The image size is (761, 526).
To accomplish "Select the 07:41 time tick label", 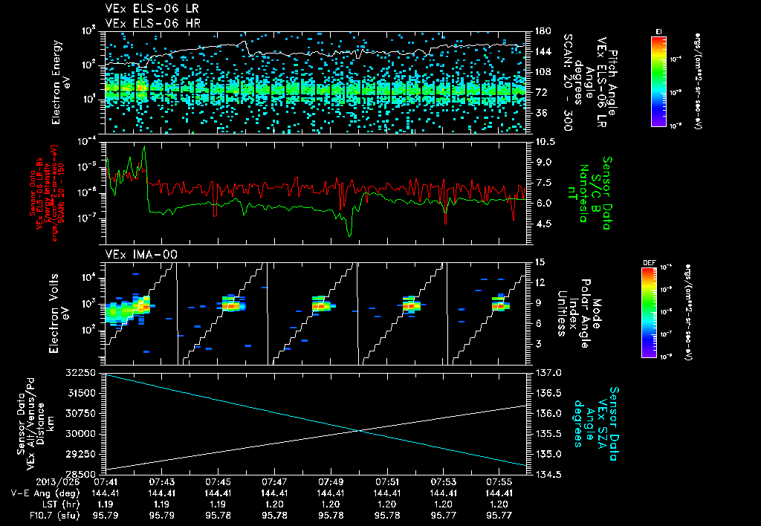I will click(x=105, y=481).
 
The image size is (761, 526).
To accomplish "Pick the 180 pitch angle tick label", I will click(x=542, y=31).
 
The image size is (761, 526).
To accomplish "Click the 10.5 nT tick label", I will click(x=545, y=141).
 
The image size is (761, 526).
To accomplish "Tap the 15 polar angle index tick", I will click(x=540, y=262).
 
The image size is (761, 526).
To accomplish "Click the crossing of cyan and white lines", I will click(x=359, y=430).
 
